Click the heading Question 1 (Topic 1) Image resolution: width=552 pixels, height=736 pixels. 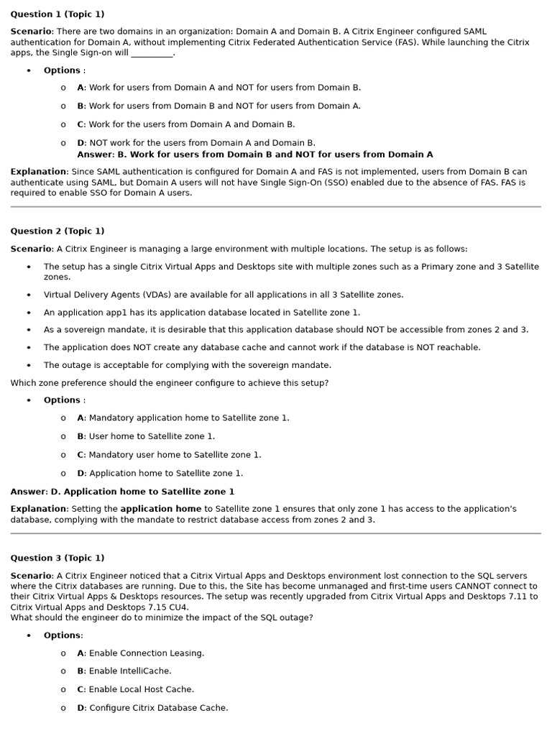(x=57, y=14)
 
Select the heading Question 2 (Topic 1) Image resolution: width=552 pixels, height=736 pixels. (x=57, y=231)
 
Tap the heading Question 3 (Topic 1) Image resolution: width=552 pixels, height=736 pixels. (x=57, y=558)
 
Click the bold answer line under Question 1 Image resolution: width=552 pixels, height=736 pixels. (x=254, y=155)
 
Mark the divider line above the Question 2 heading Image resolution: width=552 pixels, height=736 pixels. (x=276, y=207)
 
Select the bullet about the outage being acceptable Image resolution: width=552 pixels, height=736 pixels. (x=187, y=365)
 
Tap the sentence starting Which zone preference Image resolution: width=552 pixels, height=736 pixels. (x=169, y=383)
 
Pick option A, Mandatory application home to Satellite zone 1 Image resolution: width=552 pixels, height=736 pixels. (x=183, y=418)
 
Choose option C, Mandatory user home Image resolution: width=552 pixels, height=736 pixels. (x=170, y=455)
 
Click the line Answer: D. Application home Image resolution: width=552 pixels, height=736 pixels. (x=122, y=492)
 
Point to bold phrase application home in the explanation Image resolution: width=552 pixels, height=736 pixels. (x=161, y=509)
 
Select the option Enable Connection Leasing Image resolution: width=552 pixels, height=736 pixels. (x=141, y=653)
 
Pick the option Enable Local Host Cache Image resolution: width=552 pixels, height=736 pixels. (x=136, y=689)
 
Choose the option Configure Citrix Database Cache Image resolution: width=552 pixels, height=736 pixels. (x=153, y=708)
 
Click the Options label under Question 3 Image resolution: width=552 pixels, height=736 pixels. (x=63, y=635)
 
